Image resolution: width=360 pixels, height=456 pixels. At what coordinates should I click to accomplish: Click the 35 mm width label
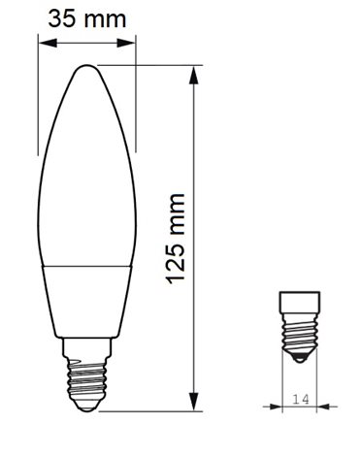pyautogui.click(x=86, y=16)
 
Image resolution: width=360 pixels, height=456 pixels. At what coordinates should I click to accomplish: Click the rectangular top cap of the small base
pyautogui.click(x=300, y=300)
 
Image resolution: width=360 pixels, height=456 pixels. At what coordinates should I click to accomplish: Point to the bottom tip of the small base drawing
pyautogui.click(x=300, y=364)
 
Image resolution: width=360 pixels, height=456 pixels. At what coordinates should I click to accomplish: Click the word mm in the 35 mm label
pyautogui.click(x=109, y=16)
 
